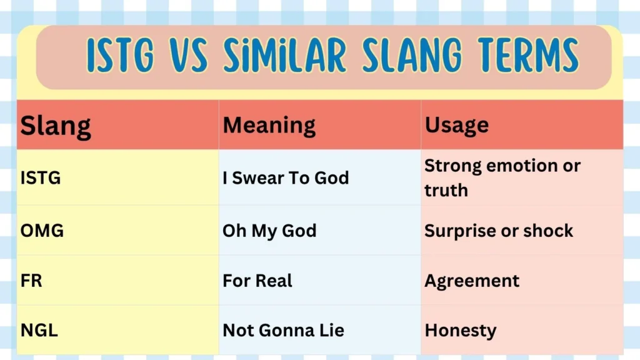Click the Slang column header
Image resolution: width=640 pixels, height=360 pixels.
pos(56,126)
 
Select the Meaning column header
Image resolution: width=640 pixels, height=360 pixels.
pos(269,125)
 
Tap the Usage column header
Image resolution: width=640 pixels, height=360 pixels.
pos(457,125)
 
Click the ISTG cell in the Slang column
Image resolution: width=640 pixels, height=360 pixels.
pos(41,178)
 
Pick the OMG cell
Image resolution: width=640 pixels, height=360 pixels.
pos(42,231)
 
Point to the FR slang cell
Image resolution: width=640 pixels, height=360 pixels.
pos(31,281)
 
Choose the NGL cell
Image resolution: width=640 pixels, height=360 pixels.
pos(39,331)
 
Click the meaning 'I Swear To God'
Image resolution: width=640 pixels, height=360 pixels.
pos(286,178)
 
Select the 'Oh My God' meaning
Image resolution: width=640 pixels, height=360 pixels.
pos(269,231)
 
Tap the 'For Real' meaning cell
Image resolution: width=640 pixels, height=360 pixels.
pos(257,281)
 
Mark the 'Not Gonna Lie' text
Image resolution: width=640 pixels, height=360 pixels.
pos(283,331)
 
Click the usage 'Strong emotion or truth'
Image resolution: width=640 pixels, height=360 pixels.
pos(502,177)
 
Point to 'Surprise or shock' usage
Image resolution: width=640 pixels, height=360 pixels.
pos(499,231)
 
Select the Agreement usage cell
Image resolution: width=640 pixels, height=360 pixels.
pos(472,281)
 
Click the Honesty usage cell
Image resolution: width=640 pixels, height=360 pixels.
pos(461,331)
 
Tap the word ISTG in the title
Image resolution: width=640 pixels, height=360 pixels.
pos(119,55)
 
